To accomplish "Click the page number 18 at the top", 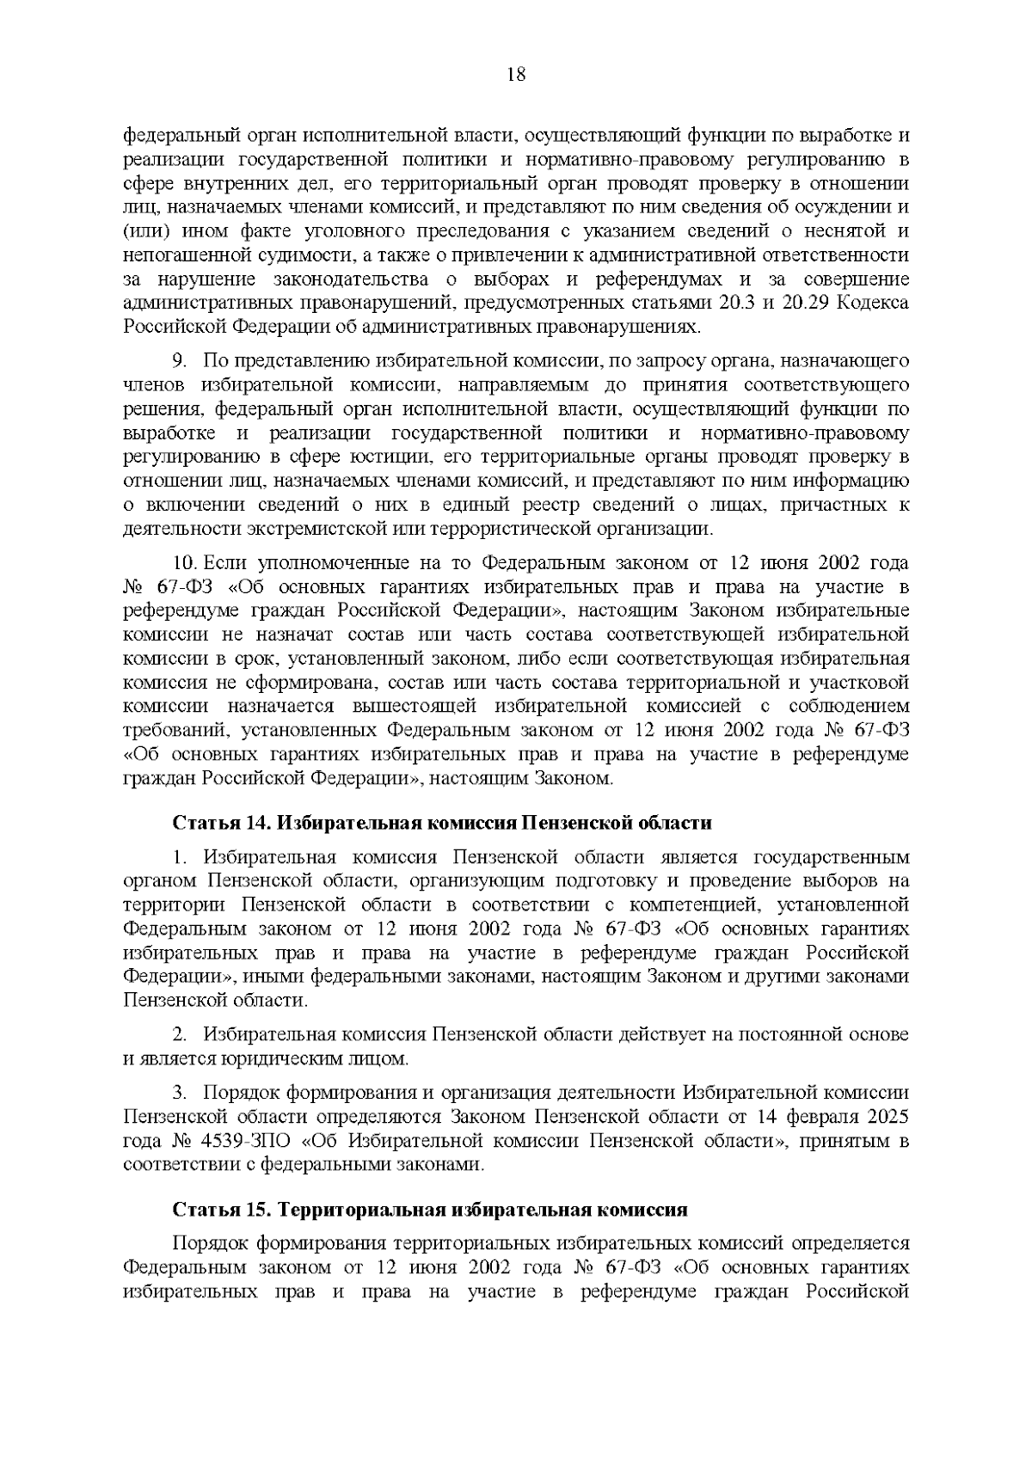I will click(x=516, y=74).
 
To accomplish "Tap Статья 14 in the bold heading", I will click(x=217, y=823).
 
